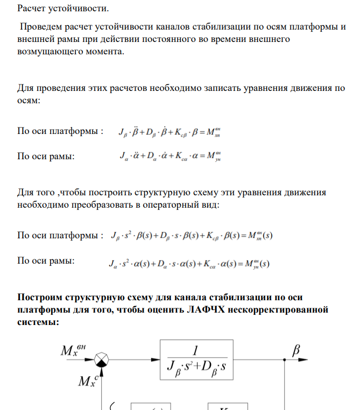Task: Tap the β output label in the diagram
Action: [x=295, y=350]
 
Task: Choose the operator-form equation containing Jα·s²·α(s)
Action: [x=188, y=264]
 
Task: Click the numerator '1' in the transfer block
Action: [x=195, y=350]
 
